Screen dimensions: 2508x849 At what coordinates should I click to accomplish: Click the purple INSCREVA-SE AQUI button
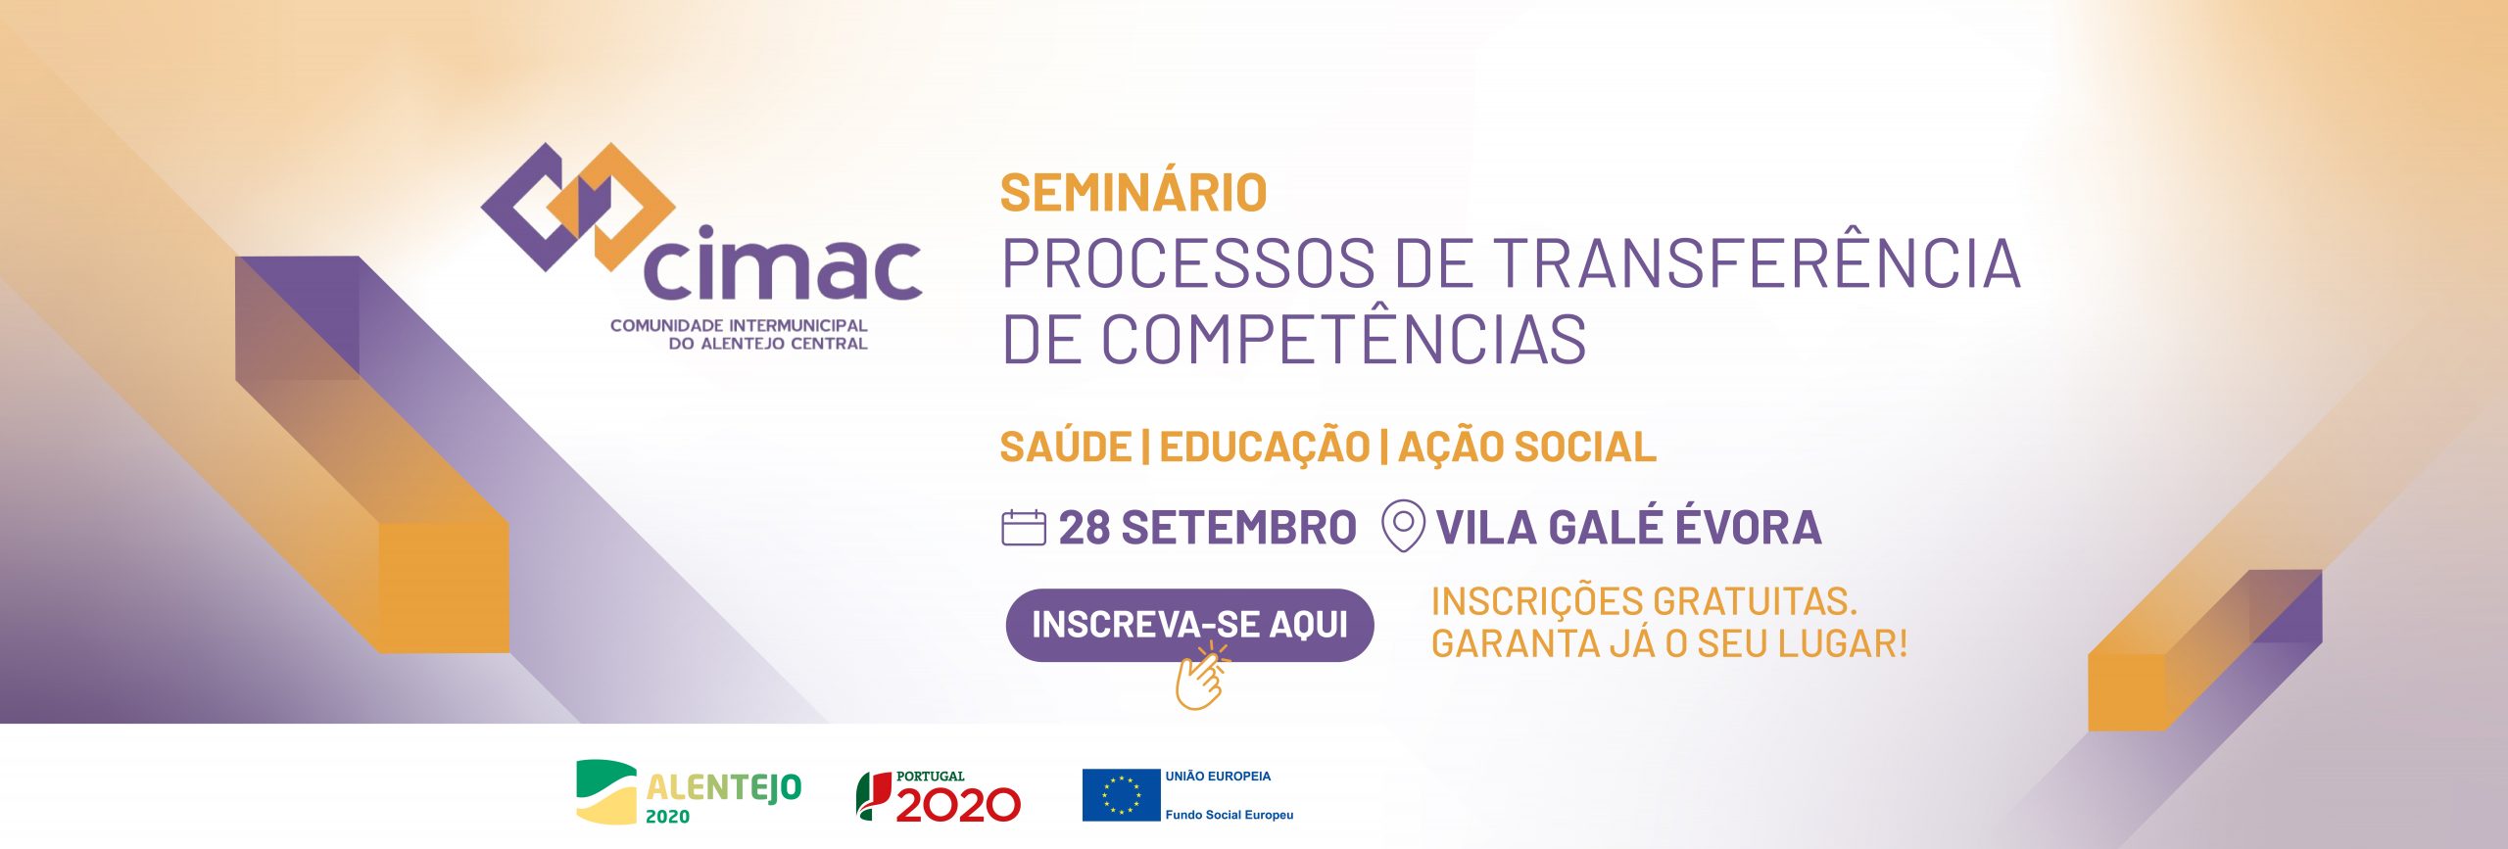pyautogui.click(x=1189, y=625)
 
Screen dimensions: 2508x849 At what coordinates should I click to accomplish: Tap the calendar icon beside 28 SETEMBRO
pyautogui.click(x=1024, y=528)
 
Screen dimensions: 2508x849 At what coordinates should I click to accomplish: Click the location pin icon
pyautogui.click(x=1402, y=526)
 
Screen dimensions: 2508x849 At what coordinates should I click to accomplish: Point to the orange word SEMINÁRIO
pyautogui.click(x=1133, y=192)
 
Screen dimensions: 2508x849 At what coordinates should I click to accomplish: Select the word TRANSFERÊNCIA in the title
pyautogui.click(x=1758, y=262)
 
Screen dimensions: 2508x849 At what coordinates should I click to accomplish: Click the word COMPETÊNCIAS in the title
pyautogui.click(x=1344, y=339)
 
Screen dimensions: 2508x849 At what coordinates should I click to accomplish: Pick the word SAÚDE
pyautogui.click(x=1066, y=446)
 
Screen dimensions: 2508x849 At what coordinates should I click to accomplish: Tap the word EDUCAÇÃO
pyautogui.click(x=1265, y=447)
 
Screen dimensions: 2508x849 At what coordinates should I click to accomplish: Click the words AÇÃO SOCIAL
pyautogui.click(x=1527, y=447)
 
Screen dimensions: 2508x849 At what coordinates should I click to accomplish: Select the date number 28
pyautogui.click(x=1084, y=528)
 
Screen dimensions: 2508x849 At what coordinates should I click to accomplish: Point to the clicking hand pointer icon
pyautogui.click(x=1201, y=677)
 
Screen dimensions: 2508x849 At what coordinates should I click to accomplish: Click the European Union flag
pyautogui.click(x=1121, y=795)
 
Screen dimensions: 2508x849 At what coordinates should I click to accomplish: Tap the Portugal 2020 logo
pyautogui.click(x=939, y=796)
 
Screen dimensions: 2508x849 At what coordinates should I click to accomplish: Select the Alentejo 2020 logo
pyautogui.click(x=688, y=792)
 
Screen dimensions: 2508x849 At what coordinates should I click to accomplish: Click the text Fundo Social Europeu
pyautogui.click(x=1230, y=815)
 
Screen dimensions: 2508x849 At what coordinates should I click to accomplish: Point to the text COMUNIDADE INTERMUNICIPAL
pyautogui.click(x=739, y=325)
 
